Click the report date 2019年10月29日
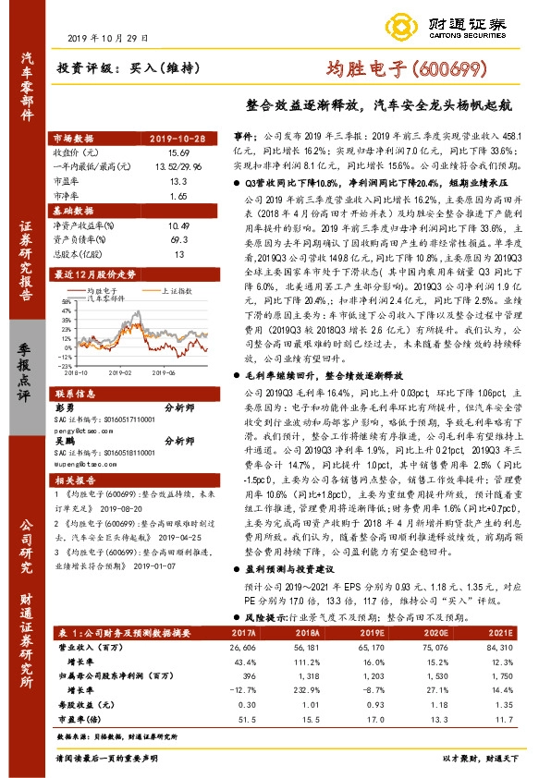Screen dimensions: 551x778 click(x=108, y=39)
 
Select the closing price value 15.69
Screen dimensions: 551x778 click(x=178, y=152)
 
